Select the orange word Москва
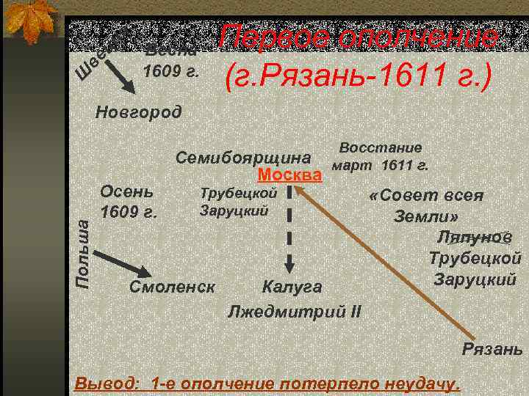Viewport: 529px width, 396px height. tap(291, 175)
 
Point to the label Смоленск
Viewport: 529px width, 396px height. tap(172, 285)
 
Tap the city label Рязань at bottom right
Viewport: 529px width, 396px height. tap(492, 348)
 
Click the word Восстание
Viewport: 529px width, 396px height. tap(381, 147)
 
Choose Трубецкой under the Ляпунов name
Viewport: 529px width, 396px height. tap(475, 258)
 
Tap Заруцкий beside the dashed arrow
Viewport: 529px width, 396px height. tap(234, 211)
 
